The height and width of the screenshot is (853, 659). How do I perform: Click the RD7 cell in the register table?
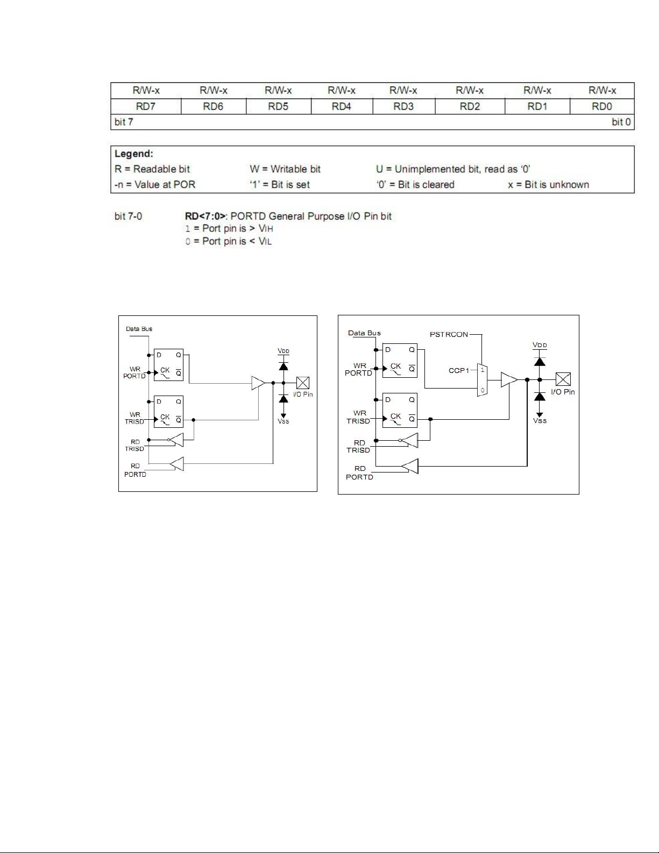point(146,107)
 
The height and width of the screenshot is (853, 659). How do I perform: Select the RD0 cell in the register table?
point(601,107)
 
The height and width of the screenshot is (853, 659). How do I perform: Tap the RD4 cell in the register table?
point(342,107)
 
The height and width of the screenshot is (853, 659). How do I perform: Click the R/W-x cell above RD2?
point(470,90)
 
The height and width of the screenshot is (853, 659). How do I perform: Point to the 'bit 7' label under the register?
point(124,122)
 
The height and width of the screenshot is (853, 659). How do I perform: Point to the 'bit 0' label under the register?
point(621,122)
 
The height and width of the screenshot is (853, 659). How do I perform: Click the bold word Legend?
point(134,154)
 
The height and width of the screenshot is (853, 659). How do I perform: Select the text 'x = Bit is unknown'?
point(548,185)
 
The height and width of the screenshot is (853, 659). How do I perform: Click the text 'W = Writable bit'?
point(285,169)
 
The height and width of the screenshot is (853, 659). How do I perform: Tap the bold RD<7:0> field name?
point(205,216)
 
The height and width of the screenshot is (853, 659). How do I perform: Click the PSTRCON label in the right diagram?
point(449,334)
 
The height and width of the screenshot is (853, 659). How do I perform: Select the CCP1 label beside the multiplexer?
point(459,370)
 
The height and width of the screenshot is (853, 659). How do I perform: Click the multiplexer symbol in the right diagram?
point(482,380)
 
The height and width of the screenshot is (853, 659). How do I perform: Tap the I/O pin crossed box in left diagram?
point(303,383)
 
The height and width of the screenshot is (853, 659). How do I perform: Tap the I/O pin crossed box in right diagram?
point(563,379)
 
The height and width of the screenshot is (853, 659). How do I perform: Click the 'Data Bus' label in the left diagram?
point(139,329)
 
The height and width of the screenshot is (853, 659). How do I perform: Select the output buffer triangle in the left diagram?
point(258,383)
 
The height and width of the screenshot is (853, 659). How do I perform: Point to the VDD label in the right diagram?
point(540,345)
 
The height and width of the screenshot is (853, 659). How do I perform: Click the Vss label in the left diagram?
point(284,421)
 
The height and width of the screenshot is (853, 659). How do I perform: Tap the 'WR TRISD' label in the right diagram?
point(359,417)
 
